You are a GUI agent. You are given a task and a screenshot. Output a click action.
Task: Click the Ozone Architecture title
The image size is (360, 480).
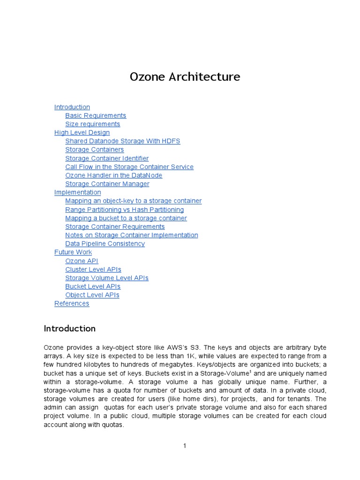point(185,77)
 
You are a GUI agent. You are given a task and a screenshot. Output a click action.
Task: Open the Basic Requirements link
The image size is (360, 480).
point(96,115)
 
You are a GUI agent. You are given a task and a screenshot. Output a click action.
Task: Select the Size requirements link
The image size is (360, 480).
point(92,124)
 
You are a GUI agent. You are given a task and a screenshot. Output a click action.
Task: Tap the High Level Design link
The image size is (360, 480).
point(82,133)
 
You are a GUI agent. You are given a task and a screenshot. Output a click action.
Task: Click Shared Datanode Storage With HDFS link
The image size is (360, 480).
point(122,141)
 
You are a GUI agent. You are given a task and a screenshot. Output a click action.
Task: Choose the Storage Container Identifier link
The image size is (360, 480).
point(107,158)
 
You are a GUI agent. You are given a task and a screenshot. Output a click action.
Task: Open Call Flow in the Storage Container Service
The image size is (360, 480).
point(129,167)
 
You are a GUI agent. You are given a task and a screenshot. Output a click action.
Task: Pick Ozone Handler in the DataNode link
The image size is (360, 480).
point(113,175)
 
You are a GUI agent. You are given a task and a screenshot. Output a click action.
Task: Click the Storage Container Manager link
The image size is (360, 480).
point(107,184)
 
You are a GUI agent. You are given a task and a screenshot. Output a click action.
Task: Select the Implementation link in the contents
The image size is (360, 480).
point(77,192)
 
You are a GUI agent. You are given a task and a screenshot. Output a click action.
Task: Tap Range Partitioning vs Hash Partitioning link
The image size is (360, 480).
point(124,210)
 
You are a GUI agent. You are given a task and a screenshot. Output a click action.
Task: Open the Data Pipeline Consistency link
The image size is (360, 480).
point(105,244)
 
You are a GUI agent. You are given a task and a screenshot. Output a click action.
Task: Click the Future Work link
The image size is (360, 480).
point(73,252)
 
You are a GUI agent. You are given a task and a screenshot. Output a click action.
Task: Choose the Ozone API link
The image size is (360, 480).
point(82,261)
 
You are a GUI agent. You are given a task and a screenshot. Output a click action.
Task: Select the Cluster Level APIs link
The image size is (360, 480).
point(93,270)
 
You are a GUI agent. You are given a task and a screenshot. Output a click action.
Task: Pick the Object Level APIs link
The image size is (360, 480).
point(92,295)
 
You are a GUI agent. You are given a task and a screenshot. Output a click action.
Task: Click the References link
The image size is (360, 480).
point(72,303)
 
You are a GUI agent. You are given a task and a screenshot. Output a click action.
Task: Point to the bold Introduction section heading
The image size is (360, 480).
point(70,329)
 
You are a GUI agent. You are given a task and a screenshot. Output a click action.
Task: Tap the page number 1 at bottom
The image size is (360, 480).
point(185,446)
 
